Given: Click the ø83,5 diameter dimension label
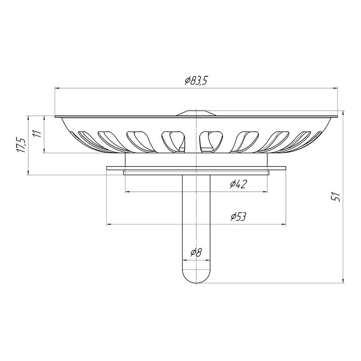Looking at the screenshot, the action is click(x=196, y=81).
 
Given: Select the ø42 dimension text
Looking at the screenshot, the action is click(x=239, y=184).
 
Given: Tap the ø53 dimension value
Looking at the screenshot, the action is click(x=239, y=217).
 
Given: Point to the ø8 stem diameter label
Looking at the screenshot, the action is click(x=196, y=253).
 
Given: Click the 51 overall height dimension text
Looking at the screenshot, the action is click(x=337, y=197).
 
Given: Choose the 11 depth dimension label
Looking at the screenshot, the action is click(x=37, y=134).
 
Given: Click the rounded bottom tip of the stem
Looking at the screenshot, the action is click(x=196, y=283).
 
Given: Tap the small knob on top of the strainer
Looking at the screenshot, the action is click(x=196, y=113).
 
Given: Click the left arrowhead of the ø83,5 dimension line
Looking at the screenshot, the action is click(x=57, y=88).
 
